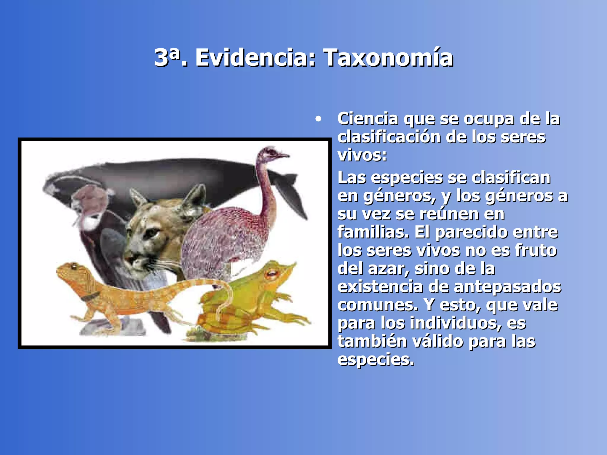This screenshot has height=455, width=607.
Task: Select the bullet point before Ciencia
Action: click(x=318, y=119)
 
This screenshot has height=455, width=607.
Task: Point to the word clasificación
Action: click(x=389, y=137)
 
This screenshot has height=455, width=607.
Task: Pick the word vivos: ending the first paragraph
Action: click(x=362, y=155)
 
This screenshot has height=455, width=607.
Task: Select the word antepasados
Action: click(x=507, y=287)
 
